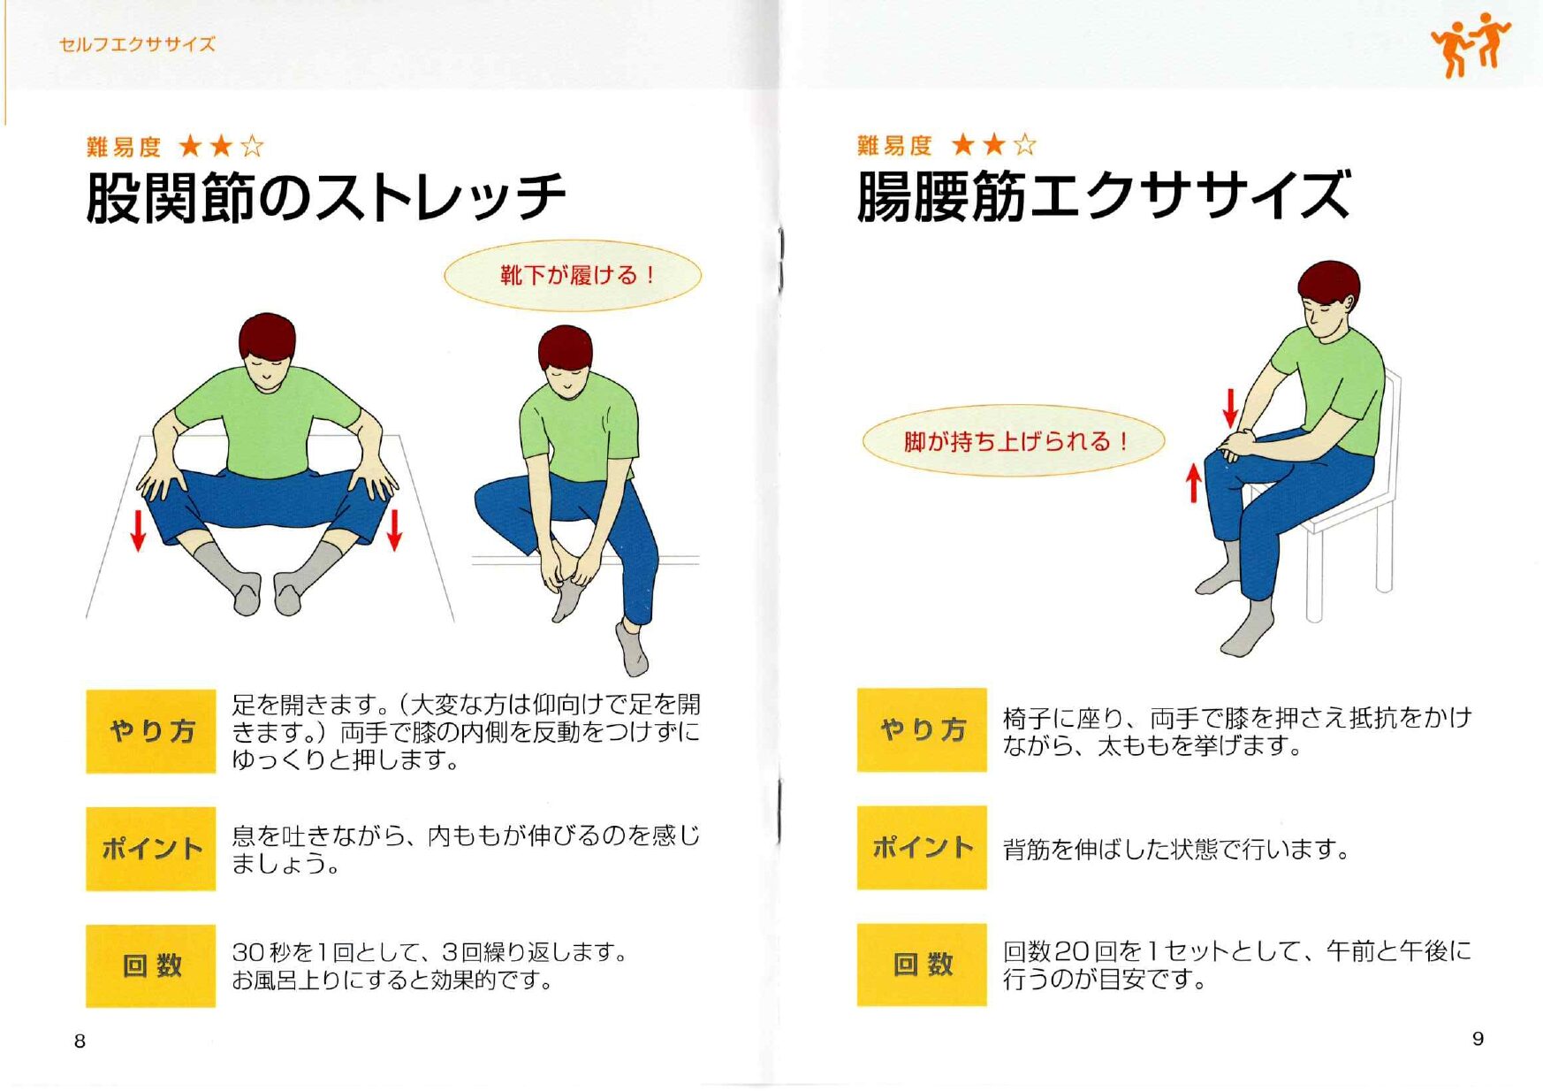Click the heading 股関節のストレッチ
pos(325,196)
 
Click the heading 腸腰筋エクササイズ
pos(1103,195)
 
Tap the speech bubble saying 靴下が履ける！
pos(573,275)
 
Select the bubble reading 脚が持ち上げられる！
pos(1014,440)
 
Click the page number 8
pos(80,1041)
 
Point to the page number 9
pos(1478,1038)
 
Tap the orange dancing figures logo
pos(1470,44)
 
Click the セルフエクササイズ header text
pos(137,44)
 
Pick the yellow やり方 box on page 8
pos(151,731)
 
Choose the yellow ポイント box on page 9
pos(922,847)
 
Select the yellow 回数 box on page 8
pos(151,965)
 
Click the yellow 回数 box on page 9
pos(922,964)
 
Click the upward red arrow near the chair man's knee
pos(1194,484)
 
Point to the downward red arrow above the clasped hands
pos(1229,408)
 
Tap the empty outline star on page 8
pos(252,146)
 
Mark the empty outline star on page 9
pos(1024,144)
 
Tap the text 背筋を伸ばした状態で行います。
pos(1176,849)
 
